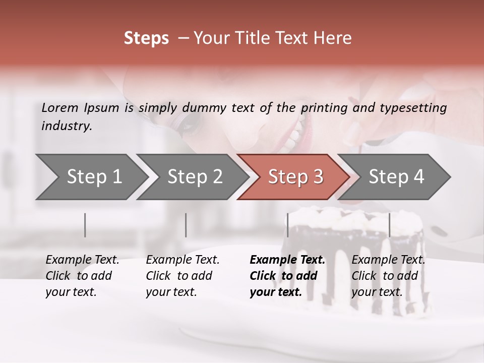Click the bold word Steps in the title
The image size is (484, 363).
coord(146,38)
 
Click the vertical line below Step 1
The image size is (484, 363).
coord(85,225)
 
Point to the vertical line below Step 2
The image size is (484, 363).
coord(186,225)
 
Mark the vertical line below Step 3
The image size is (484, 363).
coord(288,225)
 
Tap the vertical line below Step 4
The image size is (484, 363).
coord(389,225)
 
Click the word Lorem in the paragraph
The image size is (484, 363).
coord(60,107)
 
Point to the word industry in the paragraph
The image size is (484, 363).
coord(67,126)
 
